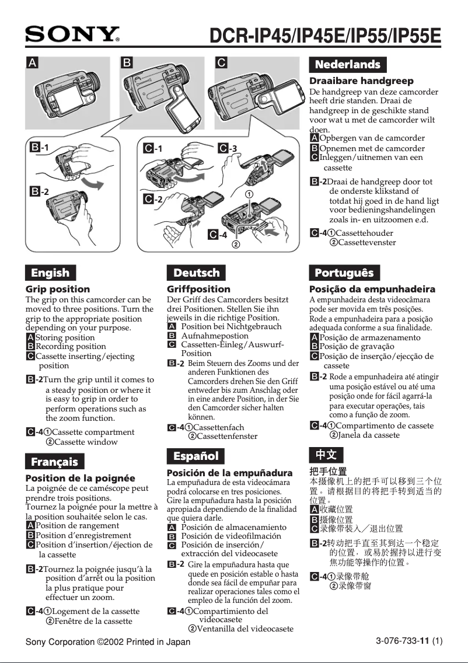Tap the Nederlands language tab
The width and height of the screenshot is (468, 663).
click(347, 64)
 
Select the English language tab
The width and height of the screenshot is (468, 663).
click(50, 273)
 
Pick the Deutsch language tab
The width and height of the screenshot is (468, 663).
click(197, 273)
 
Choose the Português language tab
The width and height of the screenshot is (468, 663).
click(344, 273)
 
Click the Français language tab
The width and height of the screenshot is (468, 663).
click(54, 462)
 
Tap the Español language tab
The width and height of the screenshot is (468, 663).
click(196, 456)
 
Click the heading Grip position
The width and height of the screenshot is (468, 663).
click(58, 289)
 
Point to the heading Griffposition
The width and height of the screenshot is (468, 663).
click(198, 289)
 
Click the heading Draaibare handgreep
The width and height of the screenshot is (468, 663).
click(361, 81)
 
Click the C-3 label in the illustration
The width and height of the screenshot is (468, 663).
click(228, 148)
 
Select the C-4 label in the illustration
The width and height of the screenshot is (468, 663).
click(218, 235)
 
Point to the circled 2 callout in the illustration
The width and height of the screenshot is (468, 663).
click(236, 244)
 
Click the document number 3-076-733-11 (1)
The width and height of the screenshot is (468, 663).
click(408, 641)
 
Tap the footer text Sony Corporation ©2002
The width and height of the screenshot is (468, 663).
click(108, 642)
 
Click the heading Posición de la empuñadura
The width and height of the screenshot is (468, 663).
click(229, 473)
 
